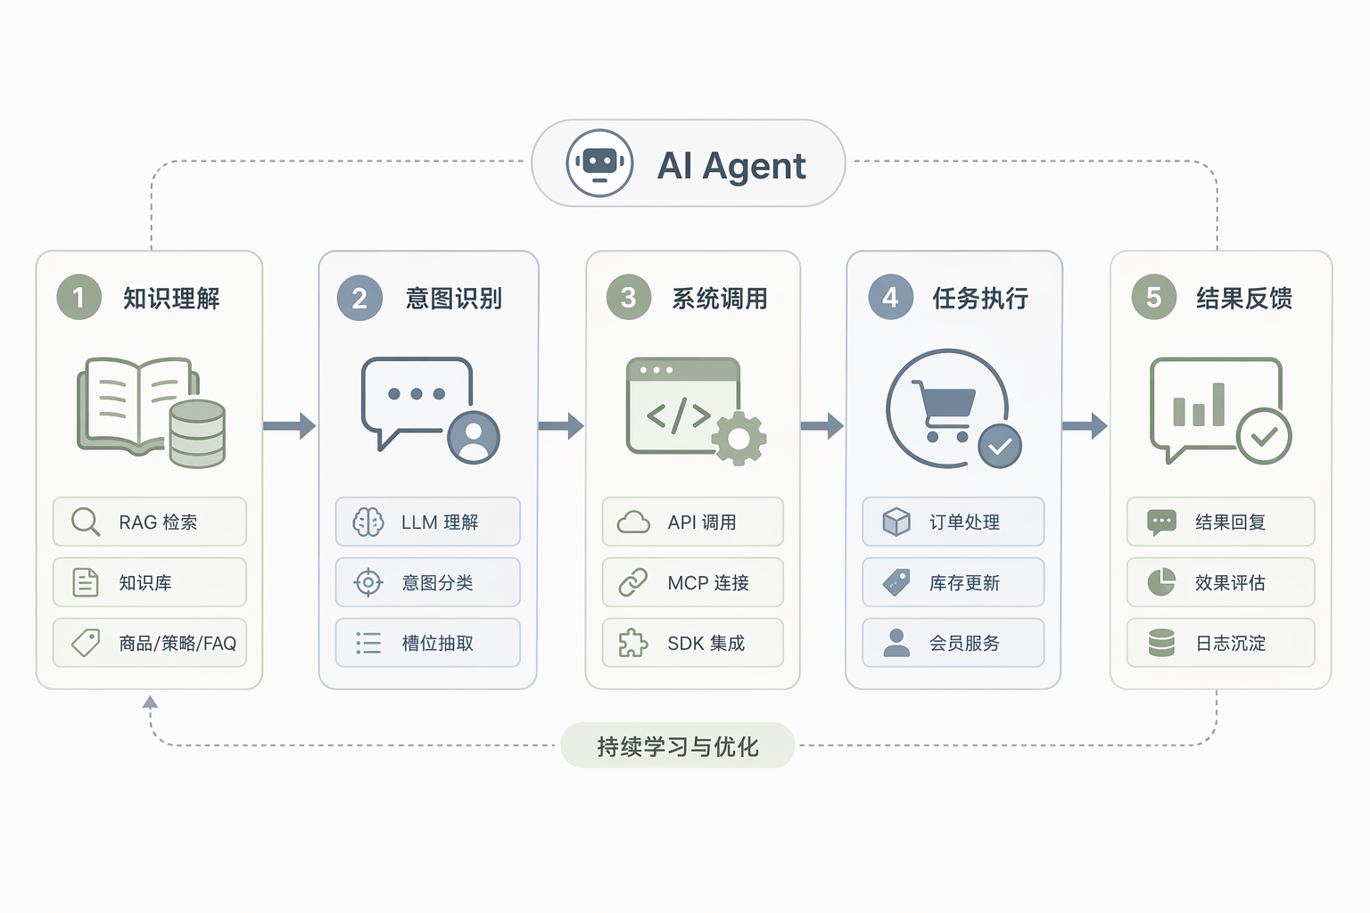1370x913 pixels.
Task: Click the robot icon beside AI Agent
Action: pos(599,163)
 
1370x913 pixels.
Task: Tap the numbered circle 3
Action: pos(628,297)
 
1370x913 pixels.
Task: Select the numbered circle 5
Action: pos(1153,297)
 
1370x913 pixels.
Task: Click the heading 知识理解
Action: pos(171,299)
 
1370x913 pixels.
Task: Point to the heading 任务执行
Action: pos(980,299)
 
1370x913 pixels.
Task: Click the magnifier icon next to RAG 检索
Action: pos(86,522)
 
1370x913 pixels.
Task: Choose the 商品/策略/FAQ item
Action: pos(150,643)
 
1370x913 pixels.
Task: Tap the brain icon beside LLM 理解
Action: pos(368,522)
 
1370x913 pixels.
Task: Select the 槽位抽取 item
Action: pos(427,643)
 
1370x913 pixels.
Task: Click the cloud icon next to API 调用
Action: pos(633,522)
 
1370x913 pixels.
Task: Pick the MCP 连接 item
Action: pos(692,582)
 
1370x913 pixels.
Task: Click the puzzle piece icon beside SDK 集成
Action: pos(633,643)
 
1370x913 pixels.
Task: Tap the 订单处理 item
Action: pos(953,522)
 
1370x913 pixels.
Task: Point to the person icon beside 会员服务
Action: pos(896,643)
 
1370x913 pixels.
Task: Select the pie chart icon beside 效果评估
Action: pos(1161,582)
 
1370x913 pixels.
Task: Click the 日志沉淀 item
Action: pos(1221,643)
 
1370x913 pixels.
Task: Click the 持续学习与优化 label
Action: pos(678,746)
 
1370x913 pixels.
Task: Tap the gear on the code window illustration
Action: pos(739,439)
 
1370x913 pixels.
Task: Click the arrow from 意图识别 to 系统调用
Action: pos(561,425)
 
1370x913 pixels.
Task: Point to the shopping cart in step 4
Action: pos(943,411)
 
